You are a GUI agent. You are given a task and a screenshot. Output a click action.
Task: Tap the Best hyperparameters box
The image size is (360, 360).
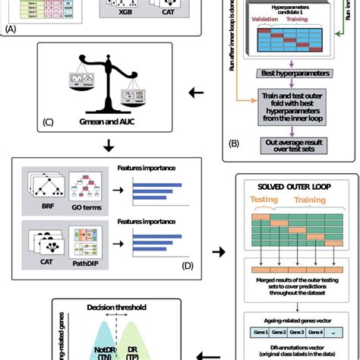click(x=294, y=74)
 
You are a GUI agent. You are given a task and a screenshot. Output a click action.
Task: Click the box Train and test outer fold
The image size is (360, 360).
click(x=294, y=101)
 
